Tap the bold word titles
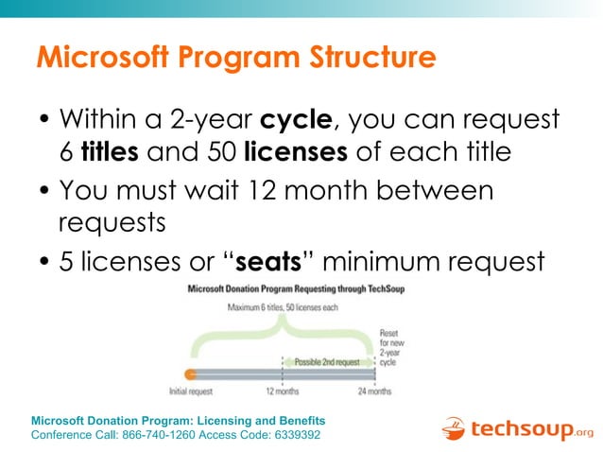coord(111,151)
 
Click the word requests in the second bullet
coord(111,223)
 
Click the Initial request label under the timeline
coord(190,391)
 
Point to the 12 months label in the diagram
coord(283,391)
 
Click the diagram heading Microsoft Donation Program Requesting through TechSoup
coord(297,288)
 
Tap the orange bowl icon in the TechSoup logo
coord(455,430)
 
